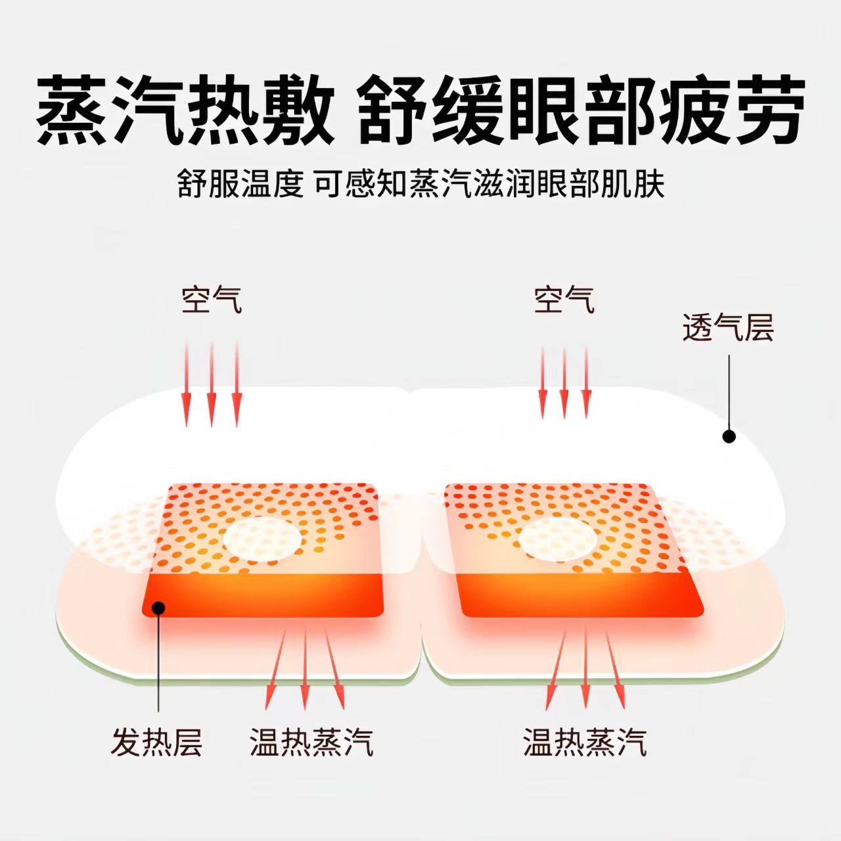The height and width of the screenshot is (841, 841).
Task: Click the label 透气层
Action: (728, 328)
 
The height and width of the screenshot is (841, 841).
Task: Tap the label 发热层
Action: (156, 742)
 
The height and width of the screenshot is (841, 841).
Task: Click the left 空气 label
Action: (212, 300)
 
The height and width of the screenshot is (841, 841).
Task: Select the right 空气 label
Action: (564, 300)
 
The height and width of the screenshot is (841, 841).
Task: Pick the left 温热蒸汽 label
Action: (311, 742)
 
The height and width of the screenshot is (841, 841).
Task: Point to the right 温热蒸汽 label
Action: (585, 742)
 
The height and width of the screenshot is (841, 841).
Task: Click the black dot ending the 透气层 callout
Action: (728, 436)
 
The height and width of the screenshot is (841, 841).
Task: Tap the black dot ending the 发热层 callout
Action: (158, 607)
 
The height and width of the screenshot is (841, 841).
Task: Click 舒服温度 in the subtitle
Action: (240, 185)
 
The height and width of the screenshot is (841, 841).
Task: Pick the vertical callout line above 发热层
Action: (158, 664)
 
